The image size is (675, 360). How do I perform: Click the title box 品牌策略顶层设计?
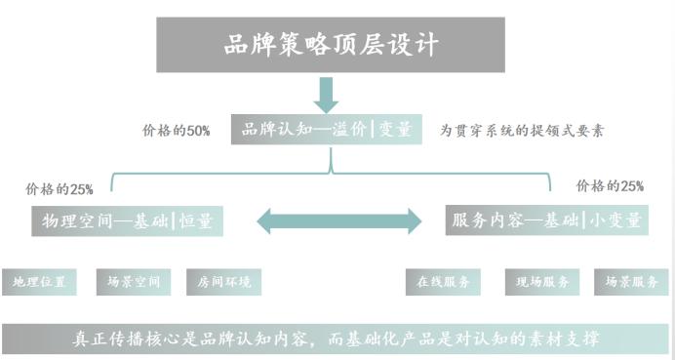click(x=329, y=45)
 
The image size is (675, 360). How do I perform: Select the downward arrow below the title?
click(x=326, y=96)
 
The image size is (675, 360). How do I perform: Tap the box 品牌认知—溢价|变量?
click(x=327, y=129)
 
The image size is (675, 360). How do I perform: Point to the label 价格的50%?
click(x=177, y=131)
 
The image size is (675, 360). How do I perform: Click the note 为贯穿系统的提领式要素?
click(x=521, y=130)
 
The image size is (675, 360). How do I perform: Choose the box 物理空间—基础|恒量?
click(x=127, y=221)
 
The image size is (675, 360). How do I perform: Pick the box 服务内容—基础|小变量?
click(x=546, y=220)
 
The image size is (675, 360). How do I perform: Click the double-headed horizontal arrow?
click(x=338, y=220)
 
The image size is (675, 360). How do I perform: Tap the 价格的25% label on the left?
click(x=60, y=188)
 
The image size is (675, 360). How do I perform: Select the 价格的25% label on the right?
click(x=611, y=186)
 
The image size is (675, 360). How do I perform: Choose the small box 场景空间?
click(x=133, y=282)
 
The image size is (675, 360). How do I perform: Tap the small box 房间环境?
click(x=223, y=282)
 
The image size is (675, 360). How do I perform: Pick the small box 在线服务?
click(x=443, y=282)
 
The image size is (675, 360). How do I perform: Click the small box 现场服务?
click(x=542, y=282)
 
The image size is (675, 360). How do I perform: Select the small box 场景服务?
click(x=631, y=282)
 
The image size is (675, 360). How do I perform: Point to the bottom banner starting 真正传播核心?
click(x=337, y=339)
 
